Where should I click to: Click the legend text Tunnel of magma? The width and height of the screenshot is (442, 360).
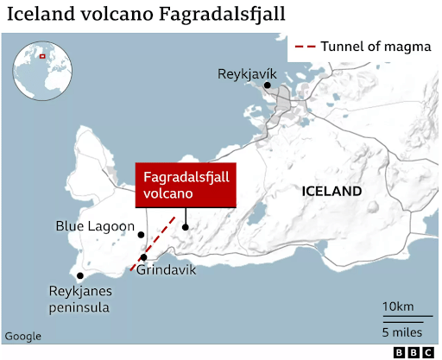375,47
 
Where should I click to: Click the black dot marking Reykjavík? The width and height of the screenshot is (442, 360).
268,85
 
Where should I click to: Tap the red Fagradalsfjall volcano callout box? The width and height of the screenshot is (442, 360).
186,186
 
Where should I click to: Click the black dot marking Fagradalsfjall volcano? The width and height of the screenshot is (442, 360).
186,227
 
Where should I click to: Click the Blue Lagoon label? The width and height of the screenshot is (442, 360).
95,226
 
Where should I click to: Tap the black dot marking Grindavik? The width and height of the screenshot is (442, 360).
144,257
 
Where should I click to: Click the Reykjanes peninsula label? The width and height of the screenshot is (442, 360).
85,298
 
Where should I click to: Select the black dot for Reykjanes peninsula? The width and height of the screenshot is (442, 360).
80,276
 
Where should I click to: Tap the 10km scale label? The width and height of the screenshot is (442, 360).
397,307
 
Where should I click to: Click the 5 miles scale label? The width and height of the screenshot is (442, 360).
402,333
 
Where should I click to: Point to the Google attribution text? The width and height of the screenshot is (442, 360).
23,336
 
